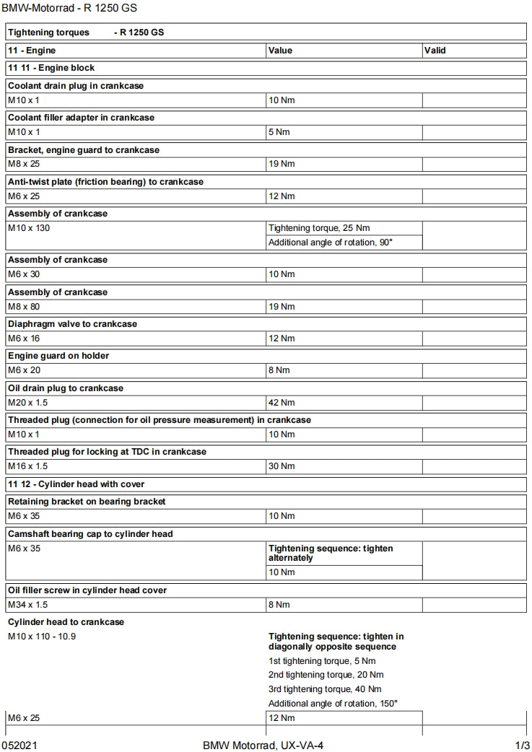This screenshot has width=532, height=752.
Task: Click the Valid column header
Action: point(435,51)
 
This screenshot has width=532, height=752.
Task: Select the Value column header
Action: point(280,51)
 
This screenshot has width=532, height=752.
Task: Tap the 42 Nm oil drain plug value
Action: point(282,402)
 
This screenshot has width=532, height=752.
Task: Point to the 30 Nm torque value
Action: point(282,466)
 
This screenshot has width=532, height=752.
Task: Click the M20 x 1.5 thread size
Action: point(27,402)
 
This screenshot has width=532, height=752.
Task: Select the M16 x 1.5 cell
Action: point(27,466)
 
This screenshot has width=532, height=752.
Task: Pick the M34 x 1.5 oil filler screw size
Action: point(27,605)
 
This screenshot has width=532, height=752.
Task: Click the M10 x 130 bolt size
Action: point(29,228)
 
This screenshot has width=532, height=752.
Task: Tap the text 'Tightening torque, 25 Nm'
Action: point(319,228)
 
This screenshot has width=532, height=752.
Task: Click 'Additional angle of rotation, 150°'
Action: point(333,703)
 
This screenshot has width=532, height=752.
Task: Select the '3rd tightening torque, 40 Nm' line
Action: point(326,688)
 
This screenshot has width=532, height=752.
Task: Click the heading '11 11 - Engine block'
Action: point(51,68)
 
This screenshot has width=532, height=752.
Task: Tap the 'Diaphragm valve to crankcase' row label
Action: point(72,324)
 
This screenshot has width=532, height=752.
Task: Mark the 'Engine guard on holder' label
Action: point(58,356)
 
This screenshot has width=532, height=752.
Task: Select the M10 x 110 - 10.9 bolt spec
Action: point(42,637)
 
